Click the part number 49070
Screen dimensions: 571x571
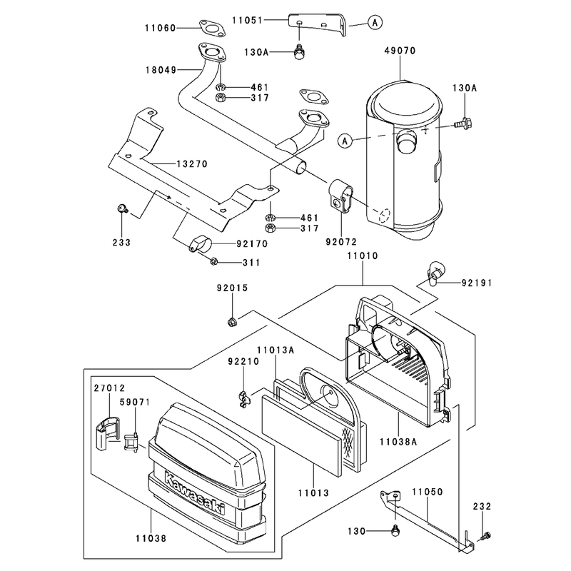(400, 51)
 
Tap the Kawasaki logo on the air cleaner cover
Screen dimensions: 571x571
(195, 493)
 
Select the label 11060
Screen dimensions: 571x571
(160, 28)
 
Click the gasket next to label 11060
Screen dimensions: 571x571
(212, 29)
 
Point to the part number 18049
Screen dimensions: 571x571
(161, 70)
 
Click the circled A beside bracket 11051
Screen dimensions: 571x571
(375, 23)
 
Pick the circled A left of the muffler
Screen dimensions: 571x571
(345, 141)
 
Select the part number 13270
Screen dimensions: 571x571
(192, 164)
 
